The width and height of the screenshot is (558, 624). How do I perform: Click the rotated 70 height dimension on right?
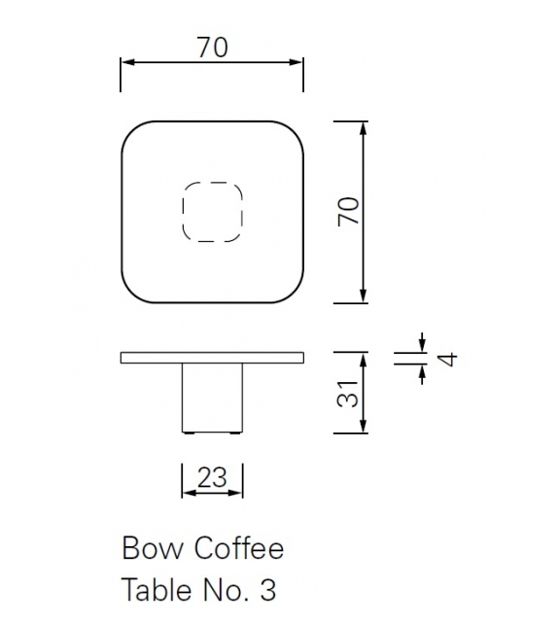(x=349, y=210)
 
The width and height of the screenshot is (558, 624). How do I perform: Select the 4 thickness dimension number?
(x=446, y=359)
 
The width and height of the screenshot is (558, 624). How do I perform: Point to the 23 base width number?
(x=212, y=477)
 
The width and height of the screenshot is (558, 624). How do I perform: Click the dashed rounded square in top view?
(x=212, y=211)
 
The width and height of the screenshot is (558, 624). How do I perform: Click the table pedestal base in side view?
(x=212, y=398)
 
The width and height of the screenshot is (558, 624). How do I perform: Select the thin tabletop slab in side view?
(x=212, y=358)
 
